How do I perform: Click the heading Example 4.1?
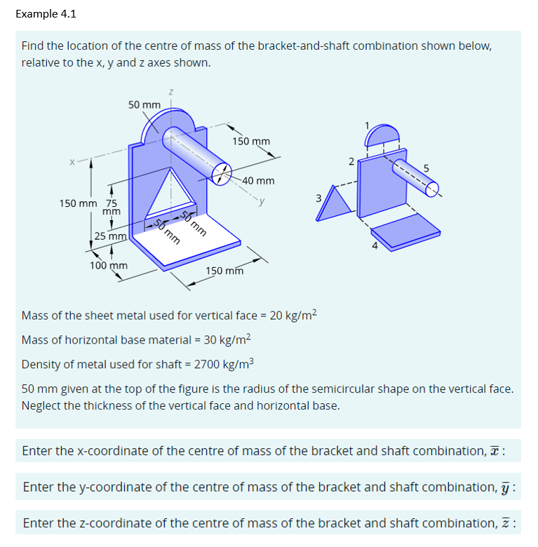click(x=46, y=13)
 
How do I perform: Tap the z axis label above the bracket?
click(x=170, y=91)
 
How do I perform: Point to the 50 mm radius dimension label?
click(x=144, y=104)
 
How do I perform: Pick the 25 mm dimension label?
click(x=111, y=236)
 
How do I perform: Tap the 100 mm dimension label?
click(x=108, y=266)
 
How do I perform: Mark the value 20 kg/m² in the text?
click(x=293, y=315)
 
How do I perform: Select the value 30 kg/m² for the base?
click(x=227, y=339)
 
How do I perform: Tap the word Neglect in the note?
click(x=43, y=405)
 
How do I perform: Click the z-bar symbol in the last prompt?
click(x=511, y=523)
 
